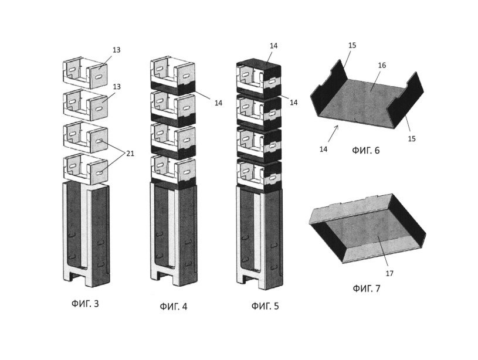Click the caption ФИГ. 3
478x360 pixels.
pyautogui.click(x=85, y=304)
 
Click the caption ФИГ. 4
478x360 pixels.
pyautogui.click(x=174, y=306)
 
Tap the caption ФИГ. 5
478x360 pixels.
pyautogui.click(x=265, y=305)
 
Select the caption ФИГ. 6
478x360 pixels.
pyautogui.click(x=366, y=150)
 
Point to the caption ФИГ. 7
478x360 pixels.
pyautogui.click(x=367, y=288)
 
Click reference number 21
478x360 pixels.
pyautogui.click(x=130, y=154)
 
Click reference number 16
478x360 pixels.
pyautogui.click(x=382, y=65)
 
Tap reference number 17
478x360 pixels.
pyautogui.click(x=389, y=273)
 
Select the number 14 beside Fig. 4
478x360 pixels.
pyautogui.click(x=218, y=103)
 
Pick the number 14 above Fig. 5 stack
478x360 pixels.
pyautogui.click(x=273, y=46)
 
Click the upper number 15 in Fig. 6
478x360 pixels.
pyautogui.click(x=352, y=45)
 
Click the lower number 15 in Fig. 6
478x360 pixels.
pyautogui.click(x=412, y=139)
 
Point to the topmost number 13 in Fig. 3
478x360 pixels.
pyautogui.click(x=117, y=50)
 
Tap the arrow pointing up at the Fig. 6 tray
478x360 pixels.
pyautogui.click(x=333, y=134)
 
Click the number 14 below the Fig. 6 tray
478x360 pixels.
pyautogui.click(x=323, y=149)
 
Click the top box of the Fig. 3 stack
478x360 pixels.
pyautogui.click(x=86, y=72)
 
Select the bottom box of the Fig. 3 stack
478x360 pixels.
pyautogui.click(x=86, y=170)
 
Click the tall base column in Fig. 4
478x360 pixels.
pyautogui.click(x=174, y=233)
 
